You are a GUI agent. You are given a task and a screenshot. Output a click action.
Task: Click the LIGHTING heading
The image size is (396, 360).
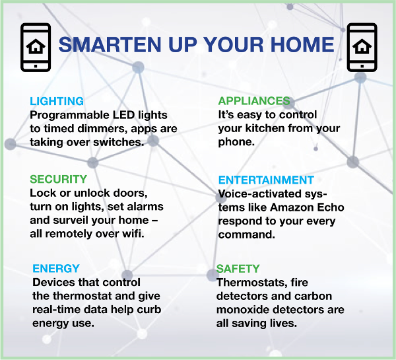coord(57,101)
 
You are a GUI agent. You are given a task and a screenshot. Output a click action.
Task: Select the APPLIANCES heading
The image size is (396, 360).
coord(254,101)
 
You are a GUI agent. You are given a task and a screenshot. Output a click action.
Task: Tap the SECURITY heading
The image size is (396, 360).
coord(58,179)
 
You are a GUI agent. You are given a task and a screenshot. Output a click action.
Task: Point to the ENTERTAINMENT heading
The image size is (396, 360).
coord(266,180)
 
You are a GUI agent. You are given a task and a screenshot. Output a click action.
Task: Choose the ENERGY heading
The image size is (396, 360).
coord(56,268)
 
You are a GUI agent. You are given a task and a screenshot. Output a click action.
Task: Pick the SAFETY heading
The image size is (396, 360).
coord(238,268)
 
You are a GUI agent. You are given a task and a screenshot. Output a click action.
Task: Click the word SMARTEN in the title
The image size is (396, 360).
coord(110,44)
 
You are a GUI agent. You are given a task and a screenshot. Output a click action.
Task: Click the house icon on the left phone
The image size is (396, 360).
coord(36,46)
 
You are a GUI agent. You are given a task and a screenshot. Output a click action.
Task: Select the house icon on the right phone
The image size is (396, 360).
coord(362,46)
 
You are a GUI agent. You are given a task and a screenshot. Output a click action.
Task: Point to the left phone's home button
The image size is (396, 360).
coord(36,66)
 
